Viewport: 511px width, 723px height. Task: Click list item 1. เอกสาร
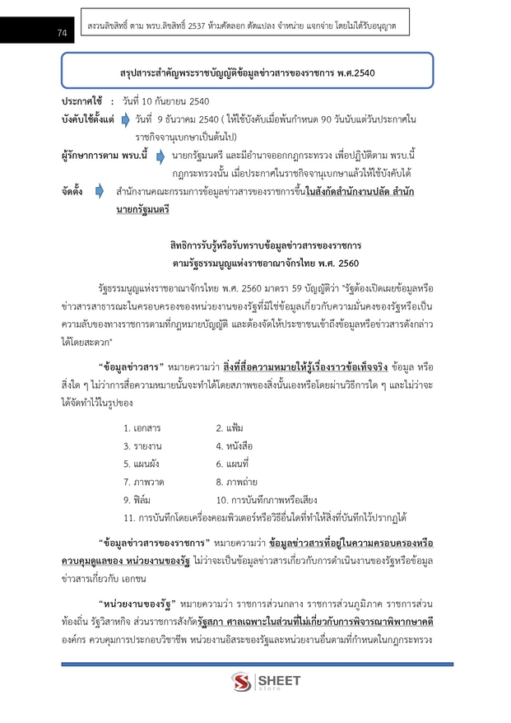pos(142,428)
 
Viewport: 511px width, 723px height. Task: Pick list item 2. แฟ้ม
pos(229,428)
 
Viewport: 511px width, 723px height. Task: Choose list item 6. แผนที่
pos(234,464)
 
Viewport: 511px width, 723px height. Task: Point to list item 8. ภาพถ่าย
pos(236,482)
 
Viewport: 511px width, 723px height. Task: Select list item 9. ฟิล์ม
pos(137,500)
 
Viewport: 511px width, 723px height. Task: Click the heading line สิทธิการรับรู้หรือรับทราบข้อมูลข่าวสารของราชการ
pos(267,245)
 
